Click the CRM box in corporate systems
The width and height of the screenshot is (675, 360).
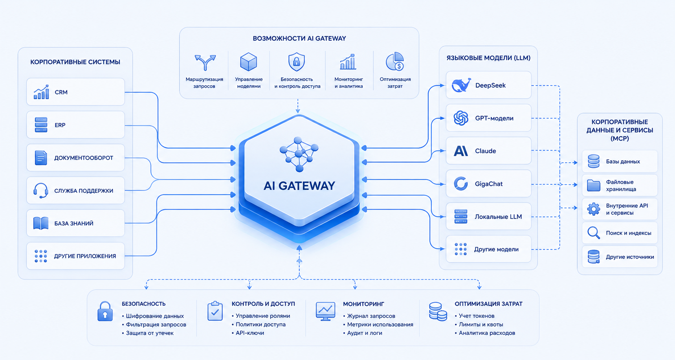[75, 92]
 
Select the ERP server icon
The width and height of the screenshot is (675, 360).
[41, 125]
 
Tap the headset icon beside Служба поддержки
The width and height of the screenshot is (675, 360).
[41, 191]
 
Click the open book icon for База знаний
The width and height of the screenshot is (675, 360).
[41, 223]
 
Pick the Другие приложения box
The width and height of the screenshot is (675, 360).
[75, 256]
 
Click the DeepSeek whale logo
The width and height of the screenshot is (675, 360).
[461, 85]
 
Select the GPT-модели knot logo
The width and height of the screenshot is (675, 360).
[461, 118]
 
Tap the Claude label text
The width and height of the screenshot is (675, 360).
[486, 151]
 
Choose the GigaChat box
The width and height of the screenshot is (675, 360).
[488, 184]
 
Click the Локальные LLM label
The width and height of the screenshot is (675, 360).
[498, 217]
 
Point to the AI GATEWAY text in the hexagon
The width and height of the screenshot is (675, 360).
[299, 186]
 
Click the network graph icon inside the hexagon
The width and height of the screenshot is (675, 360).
[299, 154]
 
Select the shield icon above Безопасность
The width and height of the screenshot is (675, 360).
[297, 62]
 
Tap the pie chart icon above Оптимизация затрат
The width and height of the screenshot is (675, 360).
[395, 61]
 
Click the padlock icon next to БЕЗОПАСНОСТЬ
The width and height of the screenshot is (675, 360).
[105, 311]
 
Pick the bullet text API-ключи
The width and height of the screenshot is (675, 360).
[250, 333]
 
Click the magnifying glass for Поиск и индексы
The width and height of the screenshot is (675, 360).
[594, 233]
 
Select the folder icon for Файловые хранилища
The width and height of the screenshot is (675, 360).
[594, 185]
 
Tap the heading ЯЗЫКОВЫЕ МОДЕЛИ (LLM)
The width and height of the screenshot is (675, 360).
[488, 58]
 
